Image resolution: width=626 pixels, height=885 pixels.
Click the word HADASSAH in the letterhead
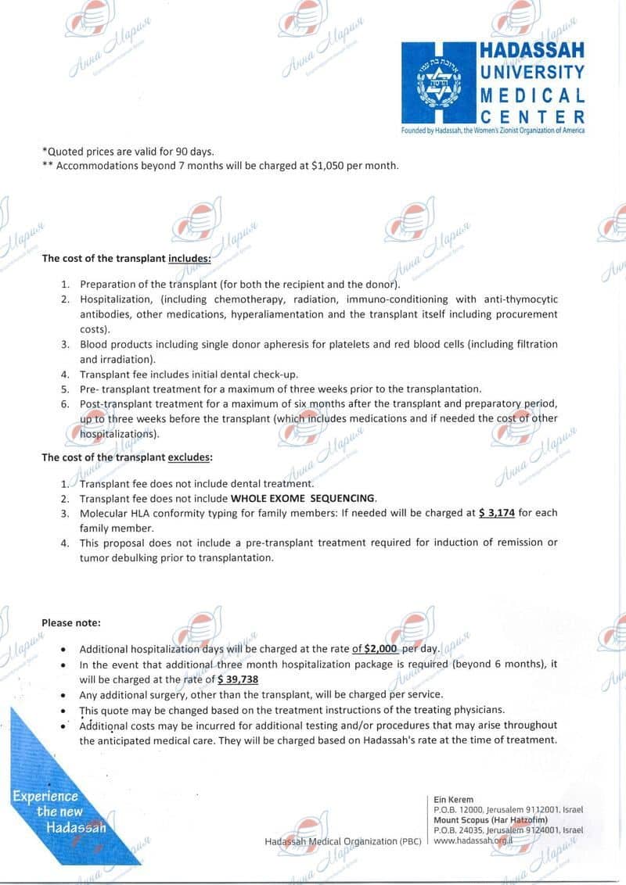tap(533, 50)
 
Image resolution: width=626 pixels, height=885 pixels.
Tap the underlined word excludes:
tap(190, 457)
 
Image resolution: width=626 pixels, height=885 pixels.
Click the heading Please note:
tap(71, 623)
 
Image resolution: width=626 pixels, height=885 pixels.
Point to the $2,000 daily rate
tap(381, 649)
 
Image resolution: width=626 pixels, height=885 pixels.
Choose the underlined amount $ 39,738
tap(238, 679)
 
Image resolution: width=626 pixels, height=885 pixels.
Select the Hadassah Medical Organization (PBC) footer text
tap(343, 841)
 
